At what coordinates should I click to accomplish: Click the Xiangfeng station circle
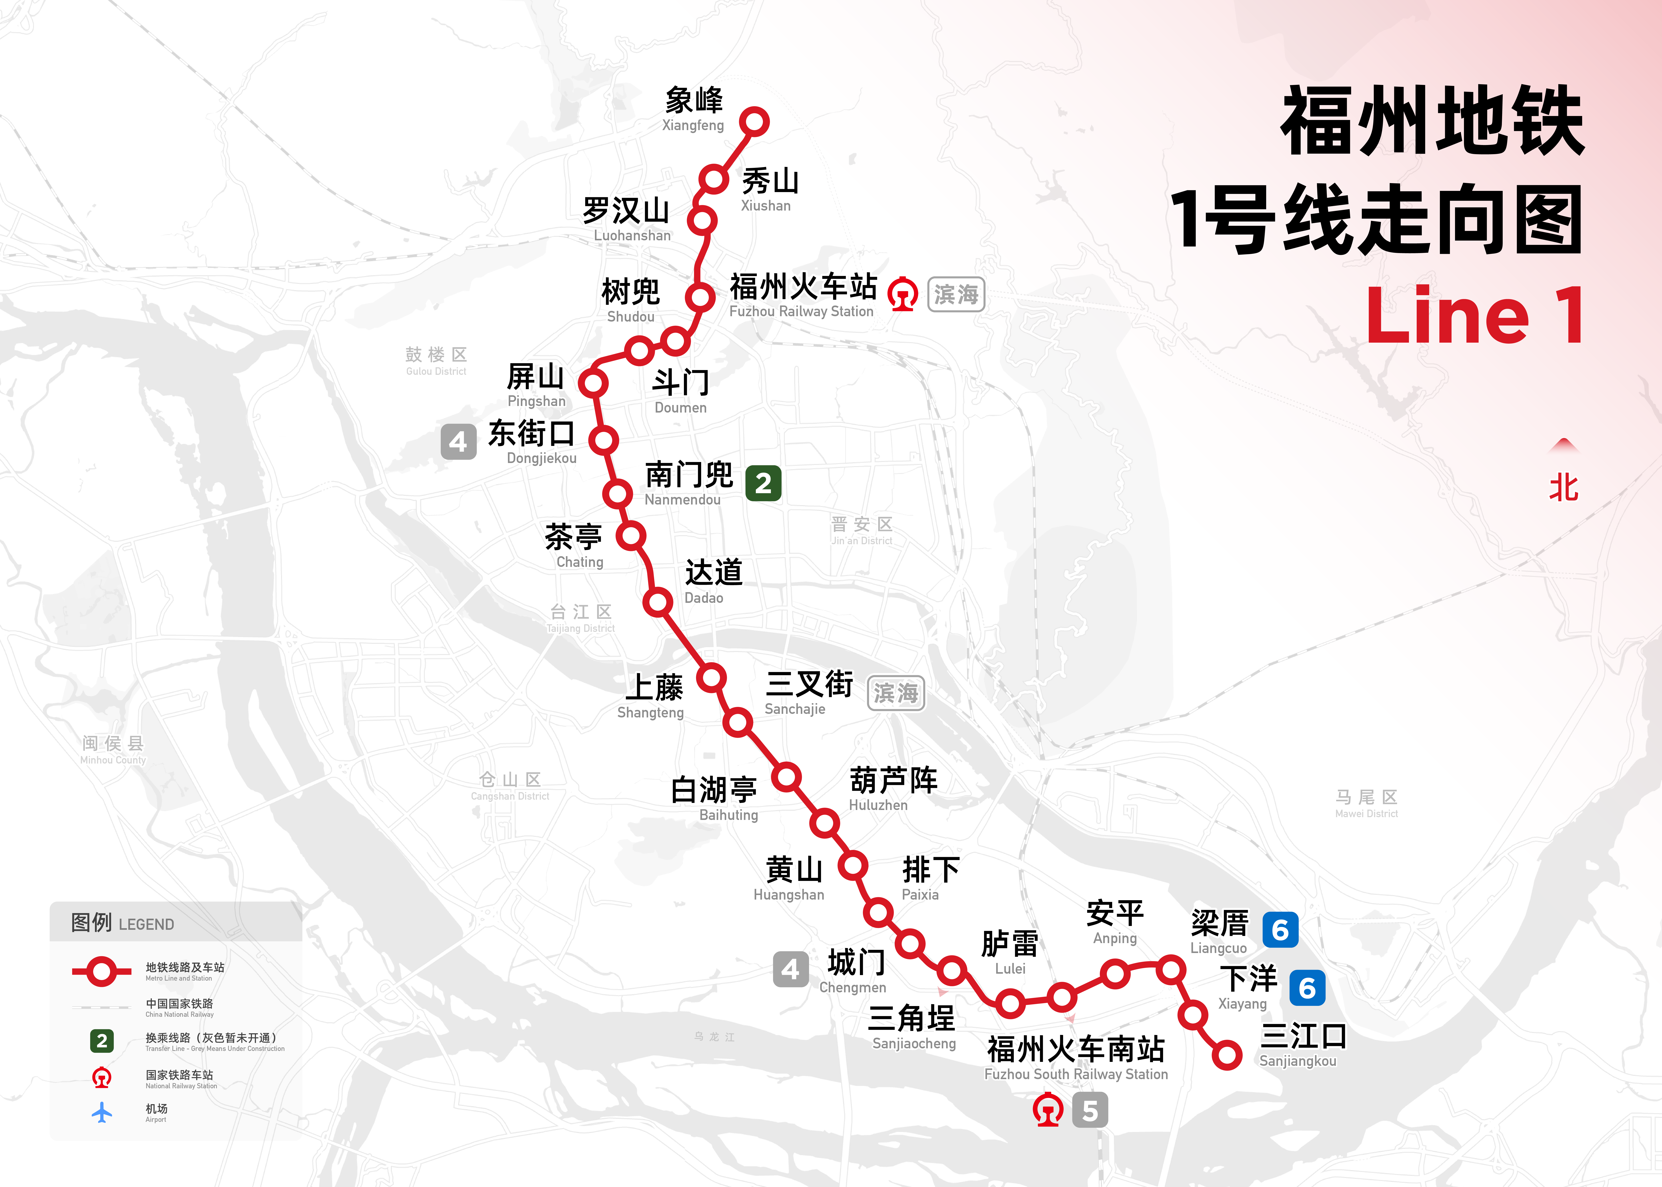pos(754,121)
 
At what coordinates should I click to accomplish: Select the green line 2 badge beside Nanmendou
pos(763,483)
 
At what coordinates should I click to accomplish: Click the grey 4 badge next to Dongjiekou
pos(458,442)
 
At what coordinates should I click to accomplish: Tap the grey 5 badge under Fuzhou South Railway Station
pos(1090,1110)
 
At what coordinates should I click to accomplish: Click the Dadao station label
pos(713,581)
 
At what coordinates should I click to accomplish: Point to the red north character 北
pos(1563,487)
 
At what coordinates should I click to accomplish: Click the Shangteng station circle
pos(711,678)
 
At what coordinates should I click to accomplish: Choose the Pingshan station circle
pos(594,382)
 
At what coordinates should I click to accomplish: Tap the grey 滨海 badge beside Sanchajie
pos(895,693)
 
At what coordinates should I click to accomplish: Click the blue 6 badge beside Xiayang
pos(1307,987)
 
